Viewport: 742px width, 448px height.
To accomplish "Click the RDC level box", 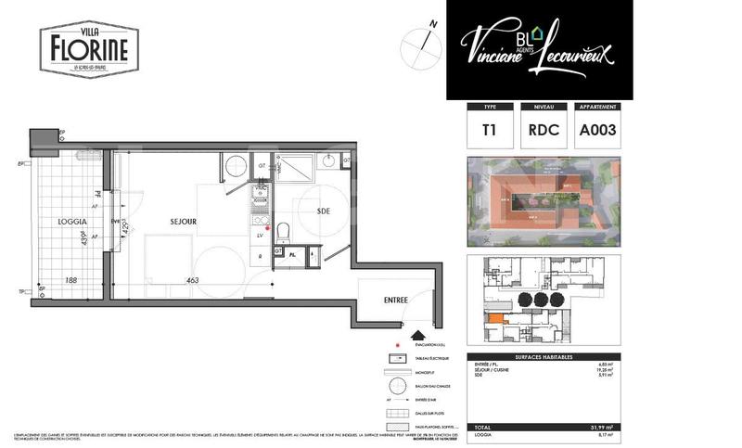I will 543,131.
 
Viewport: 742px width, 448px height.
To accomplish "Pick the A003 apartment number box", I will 598,131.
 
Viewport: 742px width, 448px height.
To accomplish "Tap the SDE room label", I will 324,211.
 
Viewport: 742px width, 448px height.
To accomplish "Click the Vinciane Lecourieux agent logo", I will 539,48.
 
